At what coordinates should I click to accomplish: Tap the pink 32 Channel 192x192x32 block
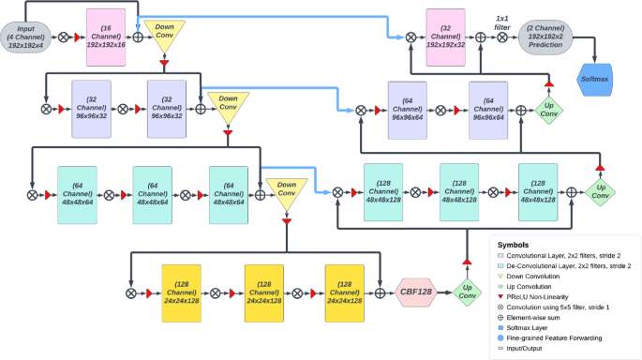click(x=446, y=37)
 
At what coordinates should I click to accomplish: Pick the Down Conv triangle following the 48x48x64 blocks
click(x=285, y=193)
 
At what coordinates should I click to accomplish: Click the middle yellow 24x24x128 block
click(x=263, y=291)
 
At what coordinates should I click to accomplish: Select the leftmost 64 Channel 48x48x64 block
click(x=75, y=193)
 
